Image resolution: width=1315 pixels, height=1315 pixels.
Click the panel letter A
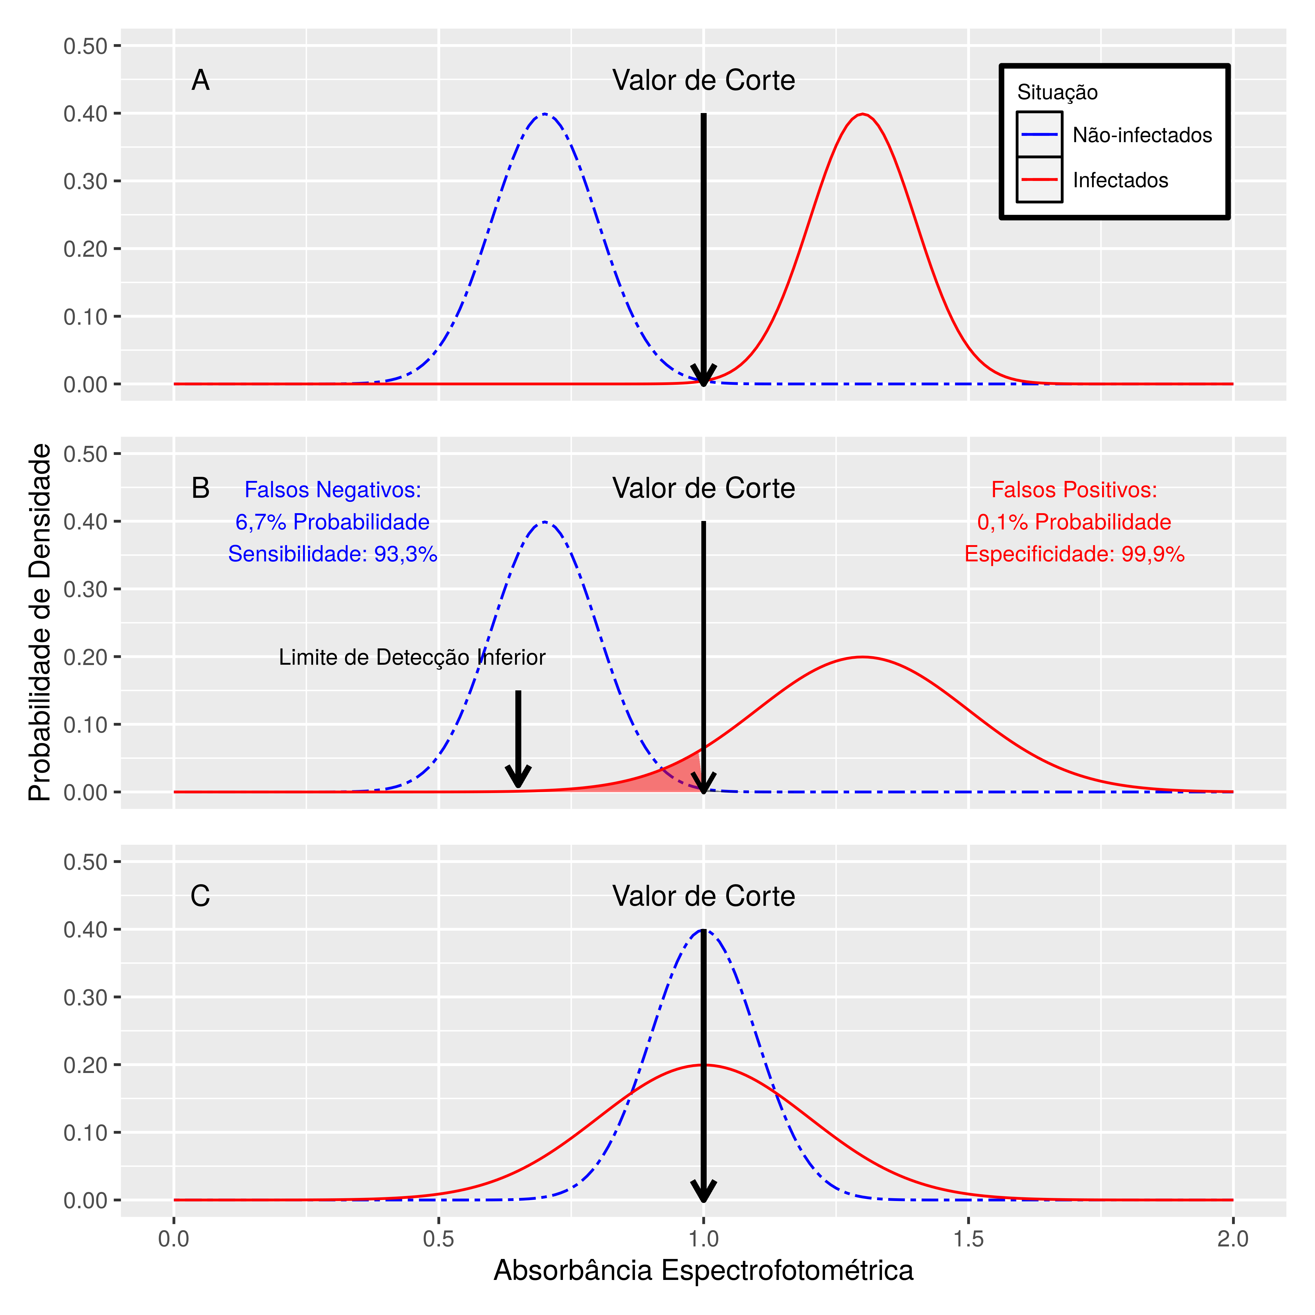point(200,80)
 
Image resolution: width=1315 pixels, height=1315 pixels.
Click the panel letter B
point(200,488)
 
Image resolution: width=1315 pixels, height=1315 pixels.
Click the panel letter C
point(200,896)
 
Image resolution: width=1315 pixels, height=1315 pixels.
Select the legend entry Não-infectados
point(1142,135)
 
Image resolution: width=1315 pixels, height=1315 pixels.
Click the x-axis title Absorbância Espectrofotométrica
point(703,1270)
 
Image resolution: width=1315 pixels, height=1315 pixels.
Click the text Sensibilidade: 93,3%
point(332,554)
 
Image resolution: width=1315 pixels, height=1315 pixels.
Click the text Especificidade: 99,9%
point(1074,554)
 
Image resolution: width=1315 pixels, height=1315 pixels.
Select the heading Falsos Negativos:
point(332,489)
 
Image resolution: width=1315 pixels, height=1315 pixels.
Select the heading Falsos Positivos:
point(1074,489)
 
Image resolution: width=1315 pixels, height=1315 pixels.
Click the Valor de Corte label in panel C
point(703,896)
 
